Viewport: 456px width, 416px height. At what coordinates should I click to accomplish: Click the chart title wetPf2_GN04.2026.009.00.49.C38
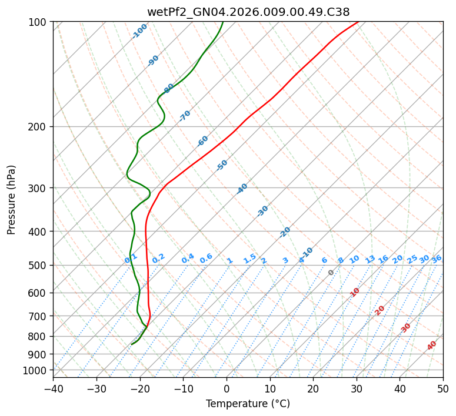pyautogui.click(x=248, y=12)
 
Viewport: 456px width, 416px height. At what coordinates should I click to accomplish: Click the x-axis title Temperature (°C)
pyautogui.click(x=248, y=404)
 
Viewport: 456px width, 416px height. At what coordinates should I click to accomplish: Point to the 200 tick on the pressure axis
pyautogui.click(x=40, y=126)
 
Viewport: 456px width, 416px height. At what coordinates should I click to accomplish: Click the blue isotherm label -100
pyautogui.click(x=140, y=31)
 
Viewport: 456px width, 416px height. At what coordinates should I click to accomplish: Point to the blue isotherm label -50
pyautogui.click(x=222, y=165)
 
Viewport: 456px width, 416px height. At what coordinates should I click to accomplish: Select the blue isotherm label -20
pyautogui.click(x=285, y=232)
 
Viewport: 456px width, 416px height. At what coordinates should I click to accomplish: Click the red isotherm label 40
pyautogui.click(x=432, y=345)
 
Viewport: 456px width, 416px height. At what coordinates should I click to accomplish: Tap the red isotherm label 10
pyautogui.click(x=355, y=292)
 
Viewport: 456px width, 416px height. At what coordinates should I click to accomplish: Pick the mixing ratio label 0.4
pyautogui.click(x=188, y=259)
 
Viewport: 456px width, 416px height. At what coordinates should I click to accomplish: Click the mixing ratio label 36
pyautogui.click(x=437, y=259)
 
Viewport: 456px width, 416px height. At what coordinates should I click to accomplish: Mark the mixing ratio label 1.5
pyautogui.click(x=249, y=259)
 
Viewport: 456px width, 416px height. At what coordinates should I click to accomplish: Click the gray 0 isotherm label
pyautogui.click(x=331, y=273)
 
